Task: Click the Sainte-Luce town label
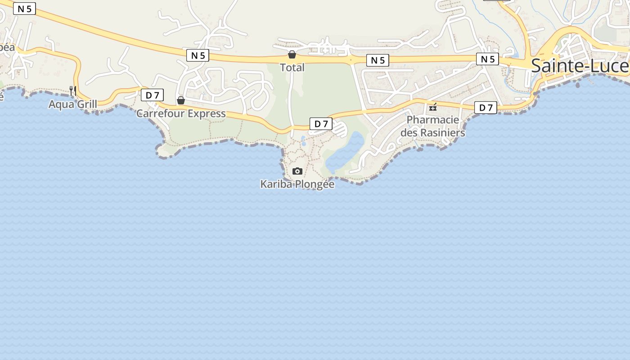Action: [580, 66]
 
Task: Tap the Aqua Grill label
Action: [73, 104]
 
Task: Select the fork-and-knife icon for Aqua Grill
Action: [72, 90]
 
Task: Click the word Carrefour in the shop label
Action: [161, 113]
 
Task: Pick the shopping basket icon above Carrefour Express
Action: [181, 100]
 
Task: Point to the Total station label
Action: [292, 67]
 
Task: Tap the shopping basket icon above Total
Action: [292, 54]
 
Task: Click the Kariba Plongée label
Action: [297, 184]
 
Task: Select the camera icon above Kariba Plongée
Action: [297, 171]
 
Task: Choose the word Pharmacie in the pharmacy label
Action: [433, 120]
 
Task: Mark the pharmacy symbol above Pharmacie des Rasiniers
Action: [433, 107]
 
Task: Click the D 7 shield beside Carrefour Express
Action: [152, 95]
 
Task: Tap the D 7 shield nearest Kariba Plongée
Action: [321, 124]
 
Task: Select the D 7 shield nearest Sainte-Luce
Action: [486, 108]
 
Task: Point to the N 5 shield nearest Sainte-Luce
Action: [488, 59]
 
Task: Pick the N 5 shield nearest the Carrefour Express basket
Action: [198, 55]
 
